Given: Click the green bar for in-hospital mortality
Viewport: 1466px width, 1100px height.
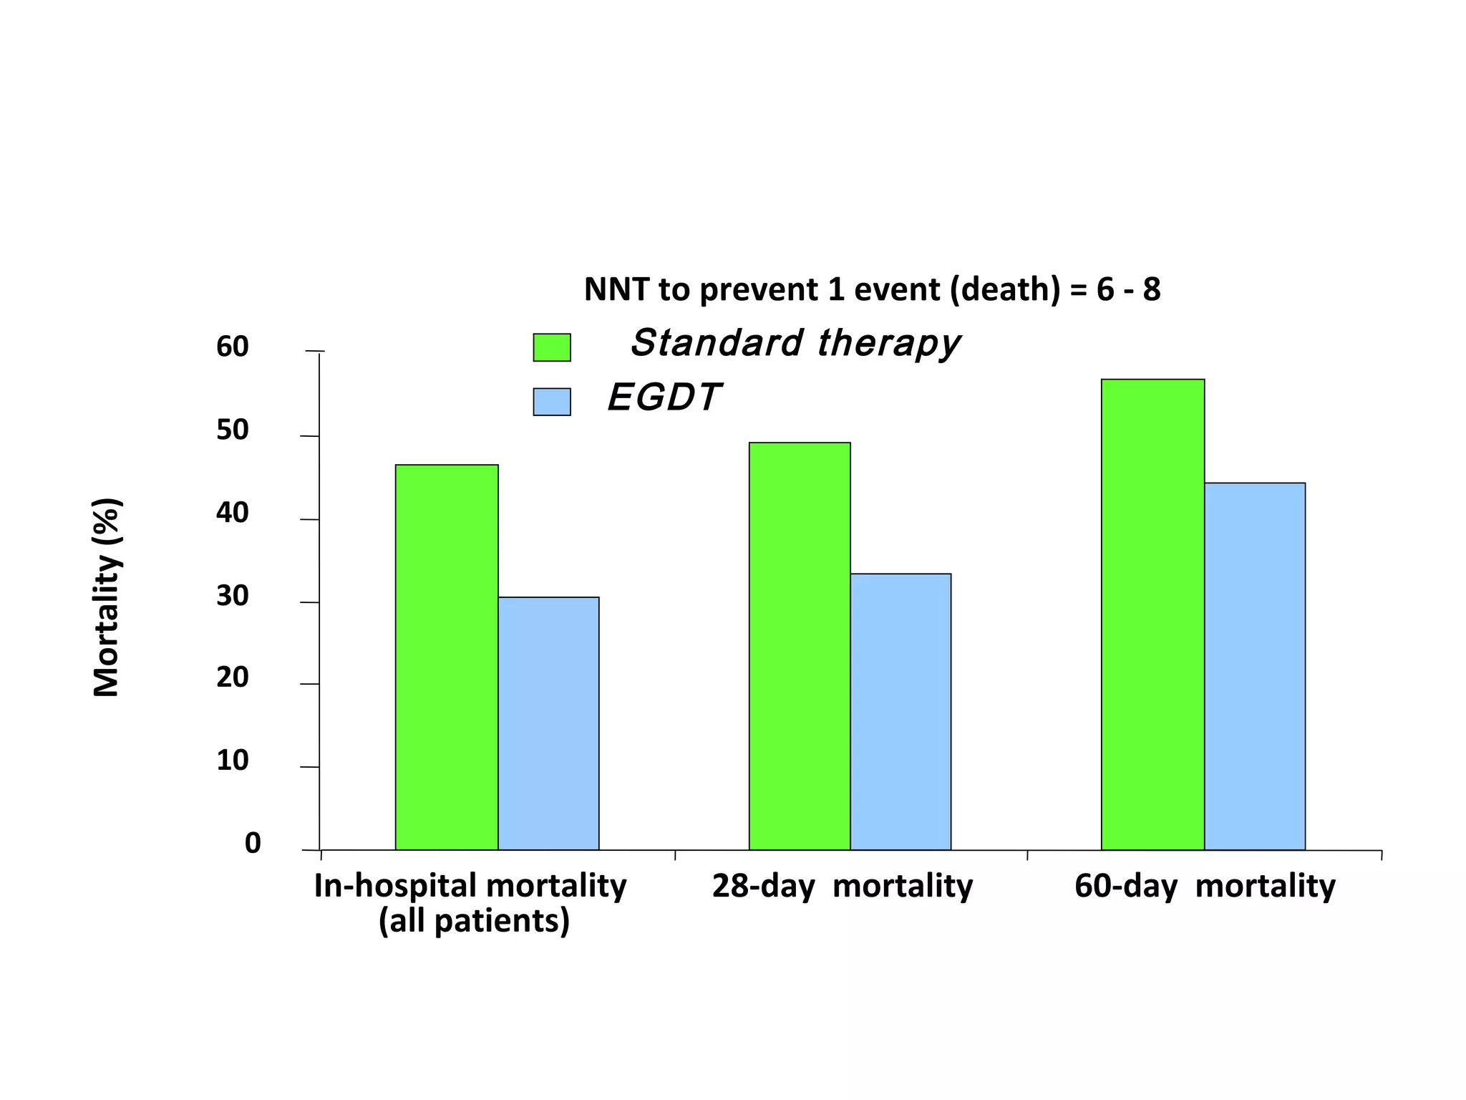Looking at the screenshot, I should (447, 657).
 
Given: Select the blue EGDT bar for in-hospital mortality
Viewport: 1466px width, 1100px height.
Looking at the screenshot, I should (548, 723).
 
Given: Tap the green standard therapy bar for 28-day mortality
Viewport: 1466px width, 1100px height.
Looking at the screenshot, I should (800, 646).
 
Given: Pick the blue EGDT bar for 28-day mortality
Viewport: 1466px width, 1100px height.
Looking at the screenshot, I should (901, 712).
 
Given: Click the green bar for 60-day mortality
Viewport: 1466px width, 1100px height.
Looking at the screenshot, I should (1152, 614).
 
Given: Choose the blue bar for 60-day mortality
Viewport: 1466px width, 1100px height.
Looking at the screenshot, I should (1254, 666).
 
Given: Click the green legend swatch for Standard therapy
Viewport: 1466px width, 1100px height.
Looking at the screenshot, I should (552, 347).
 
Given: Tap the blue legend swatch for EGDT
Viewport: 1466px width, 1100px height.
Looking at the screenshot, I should (552, 402).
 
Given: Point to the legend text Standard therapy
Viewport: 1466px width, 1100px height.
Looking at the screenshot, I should (795, 343).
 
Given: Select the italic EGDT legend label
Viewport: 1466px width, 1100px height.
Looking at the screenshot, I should (664, 397).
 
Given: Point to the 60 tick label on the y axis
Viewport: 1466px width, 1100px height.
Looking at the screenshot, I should (232, 347).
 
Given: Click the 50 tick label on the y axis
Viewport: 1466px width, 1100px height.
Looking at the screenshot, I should (232, 430).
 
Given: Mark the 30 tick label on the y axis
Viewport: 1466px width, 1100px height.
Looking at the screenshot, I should (232, 596).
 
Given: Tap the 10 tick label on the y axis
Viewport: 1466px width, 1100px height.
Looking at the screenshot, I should (232, 761).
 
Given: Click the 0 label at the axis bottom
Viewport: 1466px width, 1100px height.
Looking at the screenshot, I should (253, 844).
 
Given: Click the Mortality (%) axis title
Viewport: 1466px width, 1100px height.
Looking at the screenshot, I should (107, 597).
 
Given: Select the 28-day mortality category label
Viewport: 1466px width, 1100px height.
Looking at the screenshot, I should (842, 887).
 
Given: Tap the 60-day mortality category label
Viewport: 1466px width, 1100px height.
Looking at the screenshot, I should (1205, 887).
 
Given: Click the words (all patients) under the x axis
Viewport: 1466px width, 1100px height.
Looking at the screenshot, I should (474, 921).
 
